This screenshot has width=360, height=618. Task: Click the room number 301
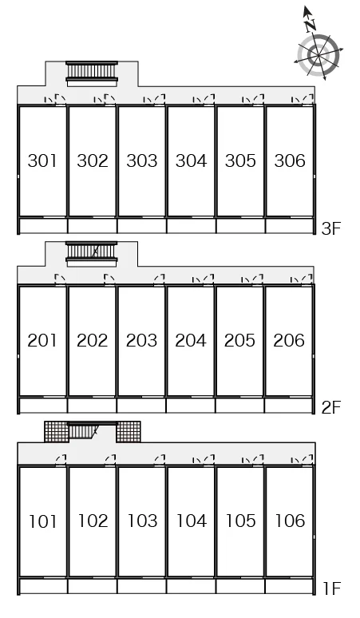click(42, 160)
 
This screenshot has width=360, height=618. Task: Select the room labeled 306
click(290, 160)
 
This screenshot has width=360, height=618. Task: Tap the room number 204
click(191, 340)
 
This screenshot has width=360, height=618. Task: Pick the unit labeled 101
click(42, 521)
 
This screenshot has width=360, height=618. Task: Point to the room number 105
click(240, 521)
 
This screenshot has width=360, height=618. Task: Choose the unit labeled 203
click(141, 340)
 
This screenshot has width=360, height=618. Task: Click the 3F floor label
click(330, 228)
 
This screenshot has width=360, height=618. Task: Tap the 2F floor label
click(330, 407)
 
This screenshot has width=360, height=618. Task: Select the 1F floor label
click(331, 588)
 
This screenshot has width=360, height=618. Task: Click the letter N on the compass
click(311, 26)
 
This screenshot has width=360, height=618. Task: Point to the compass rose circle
click(318, 55)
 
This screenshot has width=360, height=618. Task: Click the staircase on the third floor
click(92, 73)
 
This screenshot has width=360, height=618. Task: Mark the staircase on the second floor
click(92, 254)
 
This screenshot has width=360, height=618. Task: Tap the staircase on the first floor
click(92, 431)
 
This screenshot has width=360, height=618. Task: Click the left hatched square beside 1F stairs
click(57, 432)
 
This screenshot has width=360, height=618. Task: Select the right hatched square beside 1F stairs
click(129, 432)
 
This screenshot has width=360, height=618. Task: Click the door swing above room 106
click(307, 459)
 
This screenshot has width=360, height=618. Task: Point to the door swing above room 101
click(61, 459)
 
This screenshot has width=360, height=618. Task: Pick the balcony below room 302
click(92, 226)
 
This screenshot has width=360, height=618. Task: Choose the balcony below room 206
click(289, 405)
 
